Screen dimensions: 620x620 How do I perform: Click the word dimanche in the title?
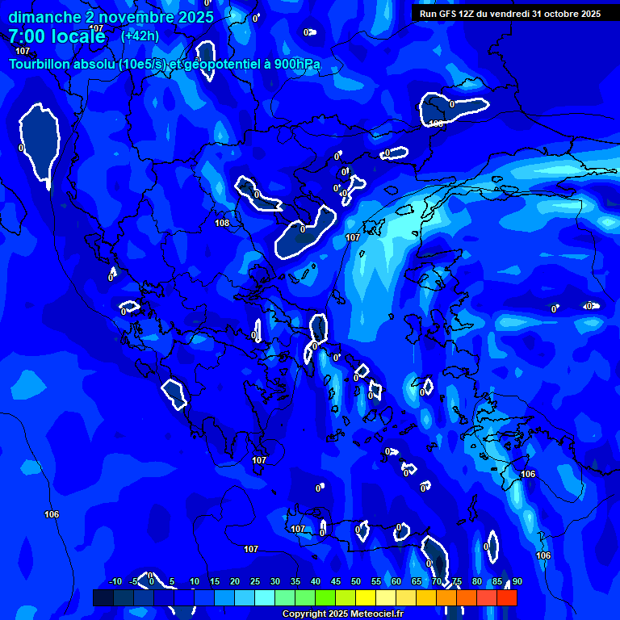tap(44, 17)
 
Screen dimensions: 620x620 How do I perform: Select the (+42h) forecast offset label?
tap(140, 36)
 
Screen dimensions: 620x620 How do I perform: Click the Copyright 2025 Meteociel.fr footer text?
tap(342, 614)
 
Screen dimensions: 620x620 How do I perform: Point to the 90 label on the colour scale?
tap(517, 581)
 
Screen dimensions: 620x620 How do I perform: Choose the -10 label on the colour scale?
tap(115, 581)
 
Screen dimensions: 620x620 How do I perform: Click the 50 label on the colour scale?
tap(356, 581)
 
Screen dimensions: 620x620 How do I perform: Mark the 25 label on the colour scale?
tap(255, 581)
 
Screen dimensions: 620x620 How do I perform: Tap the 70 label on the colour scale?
tap(437, 581)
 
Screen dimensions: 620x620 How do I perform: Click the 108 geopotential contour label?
tap(222, 223)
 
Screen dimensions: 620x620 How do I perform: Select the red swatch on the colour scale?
tap(506, 597)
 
